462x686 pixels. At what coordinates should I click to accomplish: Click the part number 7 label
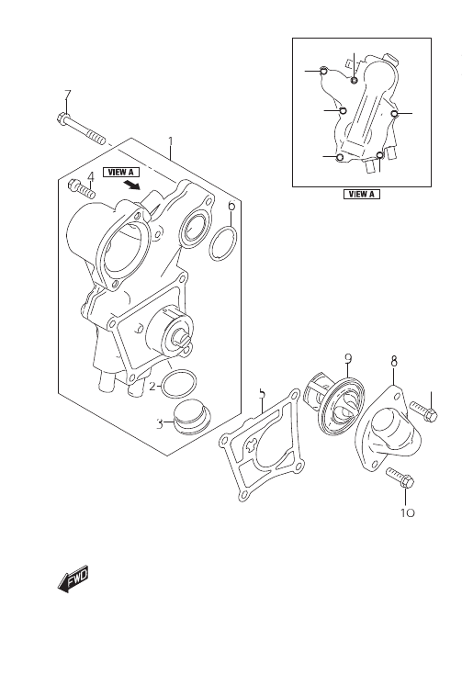click(67, 95)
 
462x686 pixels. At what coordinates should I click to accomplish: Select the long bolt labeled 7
click(82, 129)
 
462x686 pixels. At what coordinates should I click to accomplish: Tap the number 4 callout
click(91, 176)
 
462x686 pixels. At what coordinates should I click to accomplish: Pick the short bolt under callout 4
click(82, 189)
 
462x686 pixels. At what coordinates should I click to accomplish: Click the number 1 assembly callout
click(171, 141)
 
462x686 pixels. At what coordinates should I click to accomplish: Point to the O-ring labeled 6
click(222, 242)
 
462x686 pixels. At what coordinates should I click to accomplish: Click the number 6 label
click(231, 206)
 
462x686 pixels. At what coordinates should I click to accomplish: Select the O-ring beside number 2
click(179, 384)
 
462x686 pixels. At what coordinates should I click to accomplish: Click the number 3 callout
click(161, 423)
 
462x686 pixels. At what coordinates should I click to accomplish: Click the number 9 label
click(348, 358)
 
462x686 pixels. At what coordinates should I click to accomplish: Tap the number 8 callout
click(394, 361)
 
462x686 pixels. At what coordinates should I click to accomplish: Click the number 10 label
click(407, 512)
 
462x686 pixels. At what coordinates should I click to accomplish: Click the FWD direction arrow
click(73, 579)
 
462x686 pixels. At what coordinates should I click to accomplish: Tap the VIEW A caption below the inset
click(362, 194)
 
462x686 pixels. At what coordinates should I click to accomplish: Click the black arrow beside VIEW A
click(131, 185)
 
